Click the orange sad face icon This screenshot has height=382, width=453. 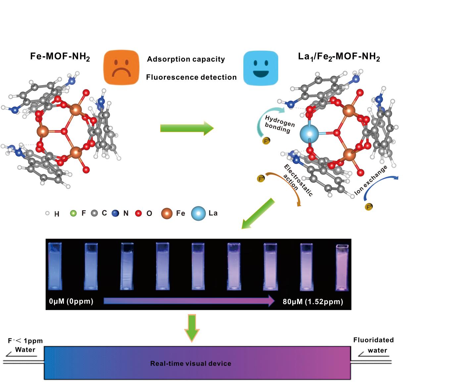tap(121, 68)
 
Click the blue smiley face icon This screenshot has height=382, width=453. tap(261, 68)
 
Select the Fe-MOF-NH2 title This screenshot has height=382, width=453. tap(60, 57)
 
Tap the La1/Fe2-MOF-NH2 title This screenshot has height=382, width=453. tap(339, 57)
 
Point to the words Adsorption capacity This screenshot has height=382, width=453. tap(186, 59)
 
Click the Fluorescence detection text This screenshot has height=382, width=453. tap(191, 77)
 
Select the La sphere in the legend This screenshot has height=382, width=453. tap(198, 213)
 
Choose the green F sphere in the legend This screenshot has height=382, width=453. tap(73, 213)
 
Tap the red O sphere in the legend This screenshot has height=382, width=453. tap(138, 213)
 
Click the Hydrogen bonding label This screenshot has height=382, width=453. tap(279, 124)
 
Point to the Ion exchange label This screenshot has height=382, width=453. tap(371, 180)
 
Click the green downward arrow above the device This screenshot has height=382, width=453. tap(192, 327)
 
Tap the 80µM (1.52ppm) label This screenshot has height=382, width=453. tap(313, 301)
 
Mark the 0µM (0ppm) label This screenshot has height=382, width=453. tap(71, 301)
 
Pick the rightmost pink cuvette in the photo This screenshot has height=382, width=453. tap(342, 268)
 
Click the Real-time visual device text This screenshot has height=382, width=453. tap(191, 363)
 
